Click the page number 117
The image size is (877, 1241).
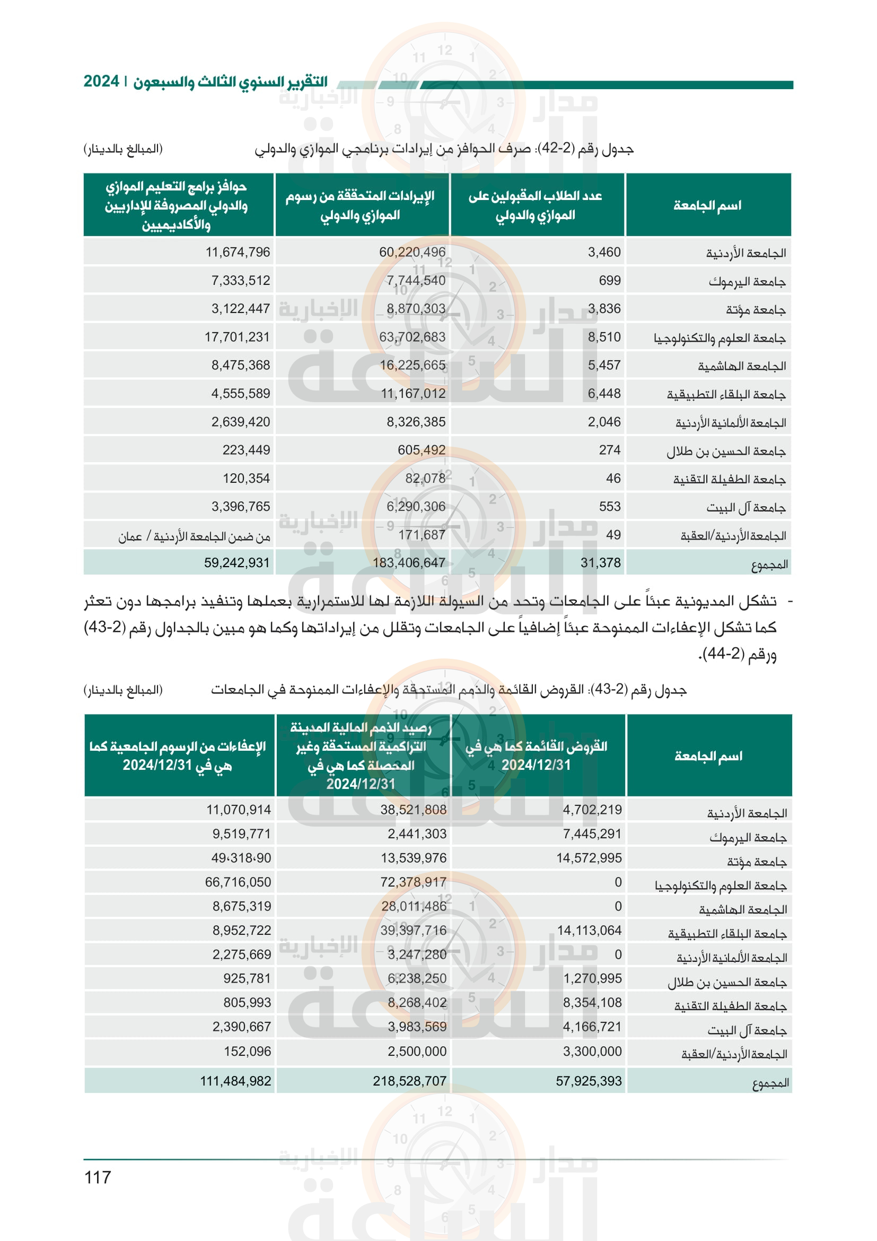(x=98, y=1177)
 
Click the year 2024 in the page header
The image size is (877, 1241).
(x=101, y=81)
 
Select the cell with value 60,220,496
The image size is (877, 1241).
(x=412, y=252)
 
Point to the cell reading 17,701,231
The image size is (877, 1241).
(x=237, y=337)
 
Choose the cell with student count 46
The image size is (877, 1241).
(x=613, y=479)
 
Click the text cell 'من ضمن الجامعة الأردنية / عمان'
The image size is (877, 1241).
(x=195, y=536)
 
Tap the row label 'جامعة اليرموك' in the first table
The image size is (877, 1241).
(x=747, y=282)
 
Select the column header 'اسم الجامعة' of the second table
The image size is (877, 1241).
(x=708, y=756)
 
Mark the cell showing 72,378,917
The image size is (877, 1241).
(x=413, y=882)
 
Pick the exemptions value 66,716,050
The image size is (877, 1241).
(x=238, y=882)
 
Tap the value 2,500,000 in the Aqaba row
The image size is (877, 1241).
(x=417, y=1051)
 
